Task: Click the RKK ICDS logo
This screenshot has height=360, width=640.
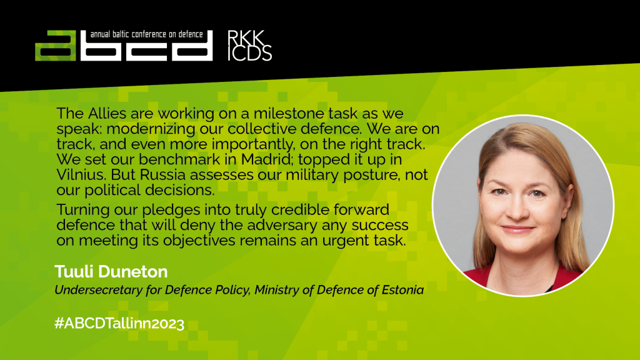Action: (x=249, y=46)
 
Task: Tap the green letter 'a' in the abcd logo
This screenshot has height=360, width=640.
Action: (x=56, y=46)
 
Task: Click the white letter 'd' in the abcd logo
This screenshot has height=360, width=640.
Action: (x=192, y=46)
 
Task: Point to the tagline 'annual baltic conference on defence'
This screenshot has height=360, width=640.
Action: (x=146, y=34)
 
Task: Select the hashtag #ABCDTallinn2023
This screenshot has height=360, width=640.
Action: (x=119, y=323)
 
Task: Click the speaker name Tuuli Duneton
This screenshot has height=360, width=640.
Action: (x=111, y=271)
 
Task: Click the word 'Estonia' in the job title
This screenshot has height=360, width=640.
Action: (x=402, y=290)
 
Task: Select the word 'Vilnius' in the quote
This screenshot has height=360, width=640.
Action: (x=79, y=175)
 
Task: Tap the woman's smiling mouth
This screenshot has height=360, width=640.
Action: (x=517, y=229)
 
